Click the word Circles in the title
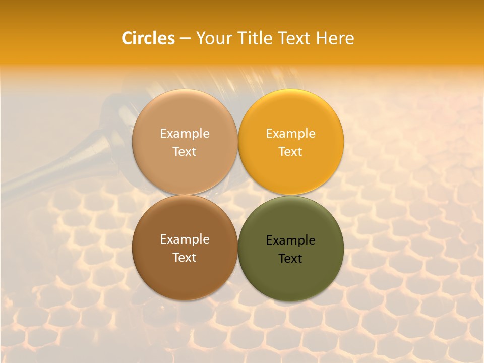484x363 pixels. [148, 38]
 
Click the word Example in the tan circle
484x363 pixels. [185, 133]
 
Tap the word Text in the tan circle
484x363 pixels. [185, 151]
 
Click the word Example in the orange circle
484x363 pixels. [291, 133]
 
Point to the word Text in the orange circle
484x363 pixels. [291, 151]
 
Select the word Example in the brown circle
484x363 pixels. [185, 239]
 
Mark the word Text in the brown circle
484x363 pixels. [185, 258]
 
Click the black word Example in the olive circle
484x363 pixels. [291, 240]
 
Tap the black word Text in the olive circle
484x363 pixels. [291, 259]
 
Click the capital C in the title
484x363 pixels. [127, 38]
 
